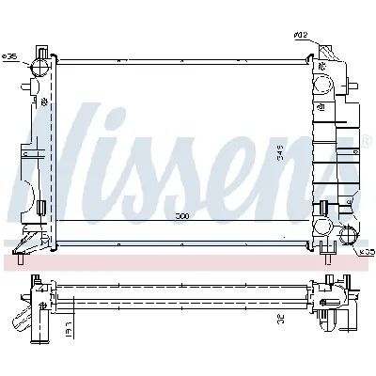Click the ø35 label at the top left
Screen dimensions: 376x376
(x=10, y=57)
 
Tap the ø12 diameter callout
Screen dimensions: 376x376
(x=301, y=37)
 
